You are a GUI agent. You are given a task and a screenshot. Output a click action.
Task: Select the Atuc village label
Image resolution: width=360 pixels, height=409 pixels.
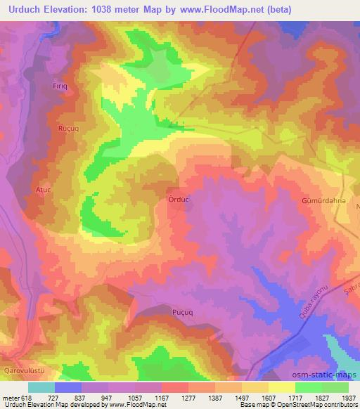point(44,190)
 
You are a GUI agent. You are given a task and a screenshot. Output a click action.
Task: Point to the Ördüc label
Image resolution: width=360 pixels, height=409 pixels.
point(178,200)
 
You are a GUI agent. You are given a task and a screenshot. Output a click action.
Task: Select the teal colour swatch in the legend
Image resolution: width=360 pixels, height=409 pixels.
point(41,388)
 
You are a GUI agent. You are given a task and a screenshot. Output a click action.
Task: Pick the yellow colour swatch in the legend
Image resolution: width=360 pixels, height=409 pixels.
point(281,388)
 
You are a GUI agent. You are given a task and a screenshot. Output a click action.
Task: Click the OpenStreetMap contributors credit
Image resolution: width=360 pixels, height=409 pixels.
point(323,405)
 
